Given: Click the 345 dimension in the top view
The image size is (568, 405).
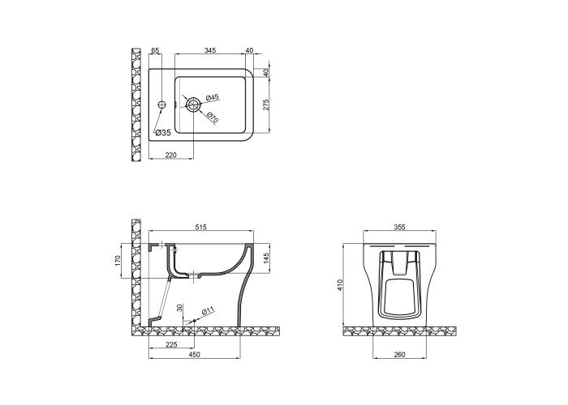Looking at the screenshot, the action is pos(210,50).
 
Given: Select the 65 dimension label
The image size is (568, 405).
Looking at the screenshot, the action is pos(155,50).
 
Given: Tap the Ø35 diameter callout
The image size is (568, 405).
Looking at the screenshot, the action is pos(163,133).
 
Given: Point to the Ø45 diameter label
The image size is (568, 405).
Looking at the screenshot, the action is pos(213,98).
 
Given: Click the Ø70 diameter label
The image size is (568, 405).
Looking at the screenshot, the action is pos(213,118).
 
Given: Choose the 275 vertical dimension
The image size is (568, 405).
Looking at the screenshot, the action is pos(266,104).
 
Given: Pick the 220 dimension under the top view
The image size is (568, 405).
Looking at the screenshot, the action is pos(170,156).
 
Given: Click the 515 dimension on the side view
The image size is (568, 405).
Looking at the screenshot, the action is pos(200,227).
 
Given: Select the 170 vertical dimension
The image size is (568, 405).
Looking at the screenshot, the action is pos(117,261).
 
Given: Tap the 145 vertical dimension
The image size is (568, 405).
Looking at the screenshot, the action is pos(266,258).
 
